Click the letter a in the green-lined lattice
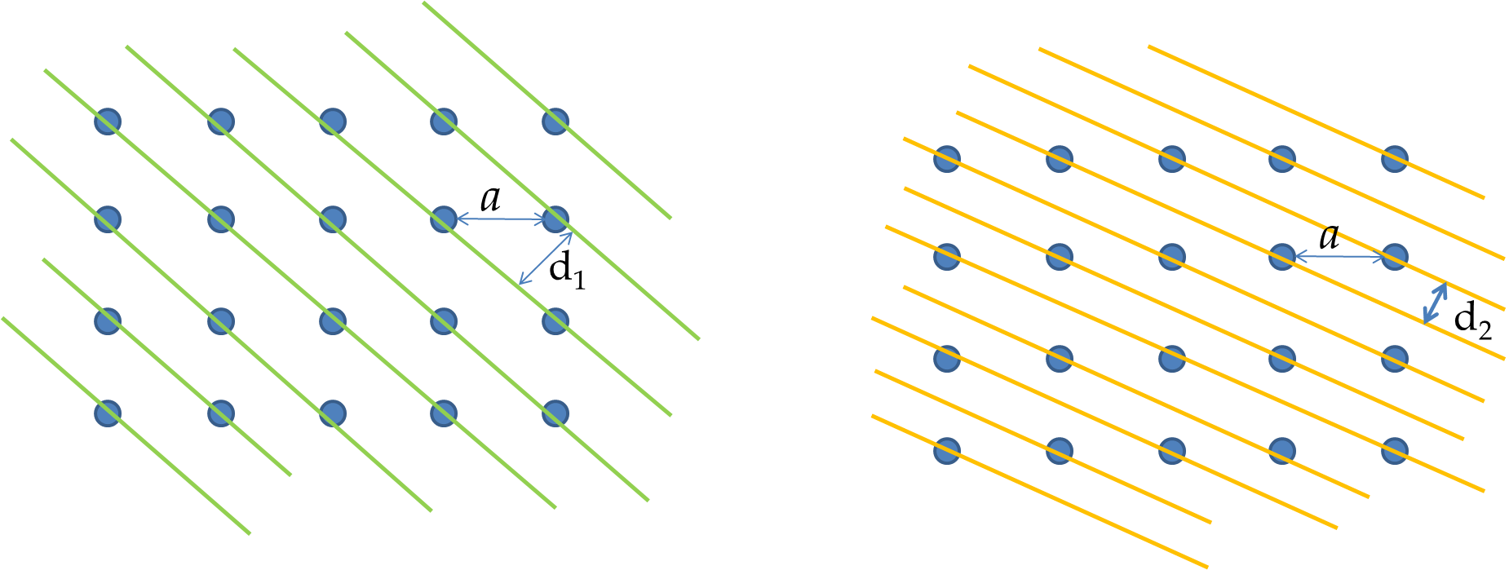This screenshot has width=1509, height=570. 490,199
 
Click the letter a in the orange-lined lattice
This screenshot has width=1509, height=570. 1330,237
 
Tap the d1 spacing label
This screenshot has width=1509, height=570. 567,270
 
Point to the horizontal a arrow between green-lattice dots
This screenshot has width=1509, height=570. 500,219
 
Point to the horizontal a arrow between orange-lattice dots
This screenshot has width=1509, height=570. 1339,258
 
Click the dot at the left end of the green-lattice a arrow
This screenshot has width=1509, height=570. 444,219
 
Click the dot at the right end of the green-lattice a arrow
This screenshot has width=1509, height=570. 555,219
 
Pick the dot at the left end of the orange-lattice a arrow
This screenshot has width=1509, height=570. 1282,257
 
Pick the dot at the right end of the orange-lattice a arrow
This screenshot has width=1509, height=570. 1395,257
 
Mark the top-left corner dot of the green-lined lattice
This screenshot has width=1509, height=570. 108,122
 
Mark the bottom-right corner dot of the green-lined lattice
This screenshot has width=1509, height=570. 555,413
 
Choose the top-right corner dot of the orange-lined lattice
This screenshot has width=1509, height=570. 1395,158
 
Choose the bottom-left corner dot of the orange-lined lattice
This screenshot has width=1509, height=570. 947,450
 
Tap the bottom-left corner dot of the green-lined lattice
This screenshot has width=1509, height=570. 108,413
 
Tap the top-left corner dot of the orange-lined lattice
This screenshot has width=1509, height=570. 947,158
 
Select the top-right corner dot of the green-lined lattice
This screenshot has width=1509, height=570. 555,122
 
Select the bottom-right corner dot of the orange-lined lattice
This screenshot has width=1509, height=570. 1395,450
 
